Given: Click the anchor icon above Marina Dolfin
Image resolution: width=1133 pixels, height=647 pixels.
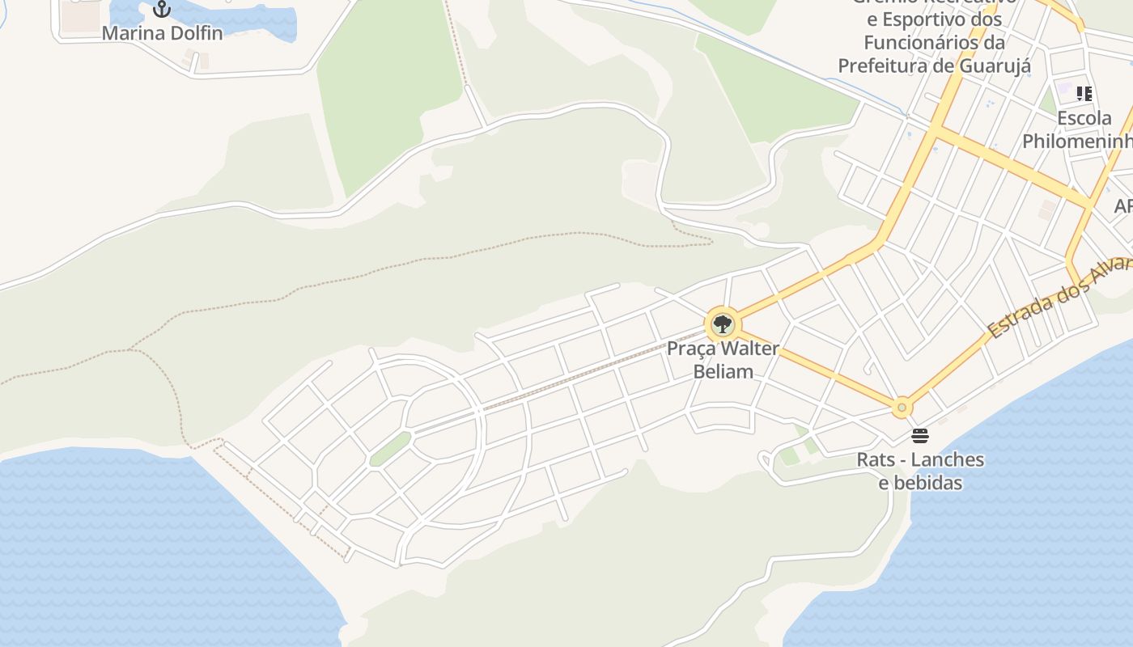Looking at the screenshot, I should (x=163, y=9).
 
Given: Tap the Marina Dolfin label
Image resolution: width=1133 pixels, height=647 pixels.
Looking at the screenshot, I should (x=162, y=33).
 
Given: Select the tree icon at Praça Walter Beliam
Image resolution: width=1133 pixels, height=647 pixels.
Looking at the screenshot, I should (x=723, y=325).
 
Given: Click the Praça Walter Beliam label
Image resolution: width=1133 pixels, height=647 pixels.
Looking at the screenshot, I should (x=723, y=360).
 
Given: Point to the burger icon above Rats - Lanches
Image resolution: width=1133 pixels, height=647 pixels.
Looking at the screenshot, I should (x=920, y=436).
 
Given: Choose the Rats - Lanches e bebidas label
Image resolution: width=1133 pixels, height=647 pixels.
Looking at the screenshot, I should (x=920, y=471).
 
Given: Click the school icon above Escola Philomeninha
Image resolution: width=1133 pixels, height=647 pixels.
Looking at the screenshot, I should (x=1084, y=93).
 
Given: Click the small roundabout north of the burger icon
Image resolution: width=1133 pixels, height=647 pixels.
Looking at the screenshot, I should (x=902, y=408).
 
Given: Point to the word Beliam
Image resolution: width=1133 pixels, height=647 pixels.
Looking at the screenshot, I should (x=724, y=371).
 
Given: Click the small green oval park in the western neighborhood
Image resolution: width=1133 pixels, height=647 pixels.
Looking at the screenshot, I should (x=391, y=449).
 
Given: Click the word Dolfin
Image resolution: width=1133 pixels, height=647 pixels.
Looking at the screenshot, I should (x=193, y=33).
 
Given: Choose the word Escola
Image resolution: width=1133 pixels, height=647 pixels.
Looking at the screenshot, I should (x=1084, y=118).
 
